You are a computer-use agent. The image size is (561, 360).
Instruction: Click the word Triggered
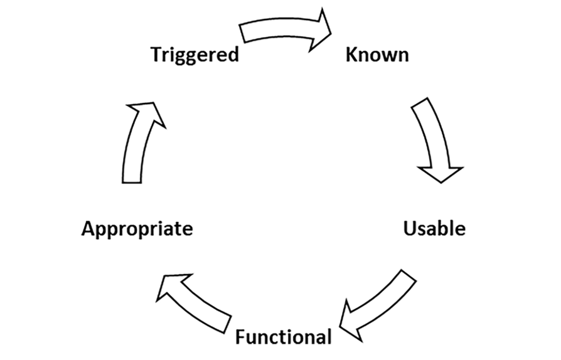[195, 55]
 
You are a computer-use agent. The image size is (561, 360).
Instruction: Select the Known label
[377, 55]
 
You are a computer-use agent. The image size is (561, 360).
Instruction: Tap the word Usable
[434, 228]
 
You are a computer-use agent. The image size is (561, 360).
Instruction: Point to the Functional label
[283, 337]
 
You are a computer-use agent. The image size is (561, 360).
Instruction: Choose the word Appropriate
[137, 228]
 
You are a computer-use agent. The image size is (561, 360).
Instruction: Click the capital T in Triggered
[158, 55]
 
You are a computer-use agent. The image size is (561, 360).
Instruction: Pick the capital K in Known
[352, 55]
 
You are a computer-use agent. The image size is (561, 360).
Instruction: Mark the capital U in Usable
[410, 228]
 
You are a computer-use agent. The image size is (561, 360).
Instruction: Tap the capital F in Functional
[241, 337]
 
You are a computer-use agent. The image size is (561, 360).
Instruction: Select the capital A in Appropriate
[88, 228]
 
